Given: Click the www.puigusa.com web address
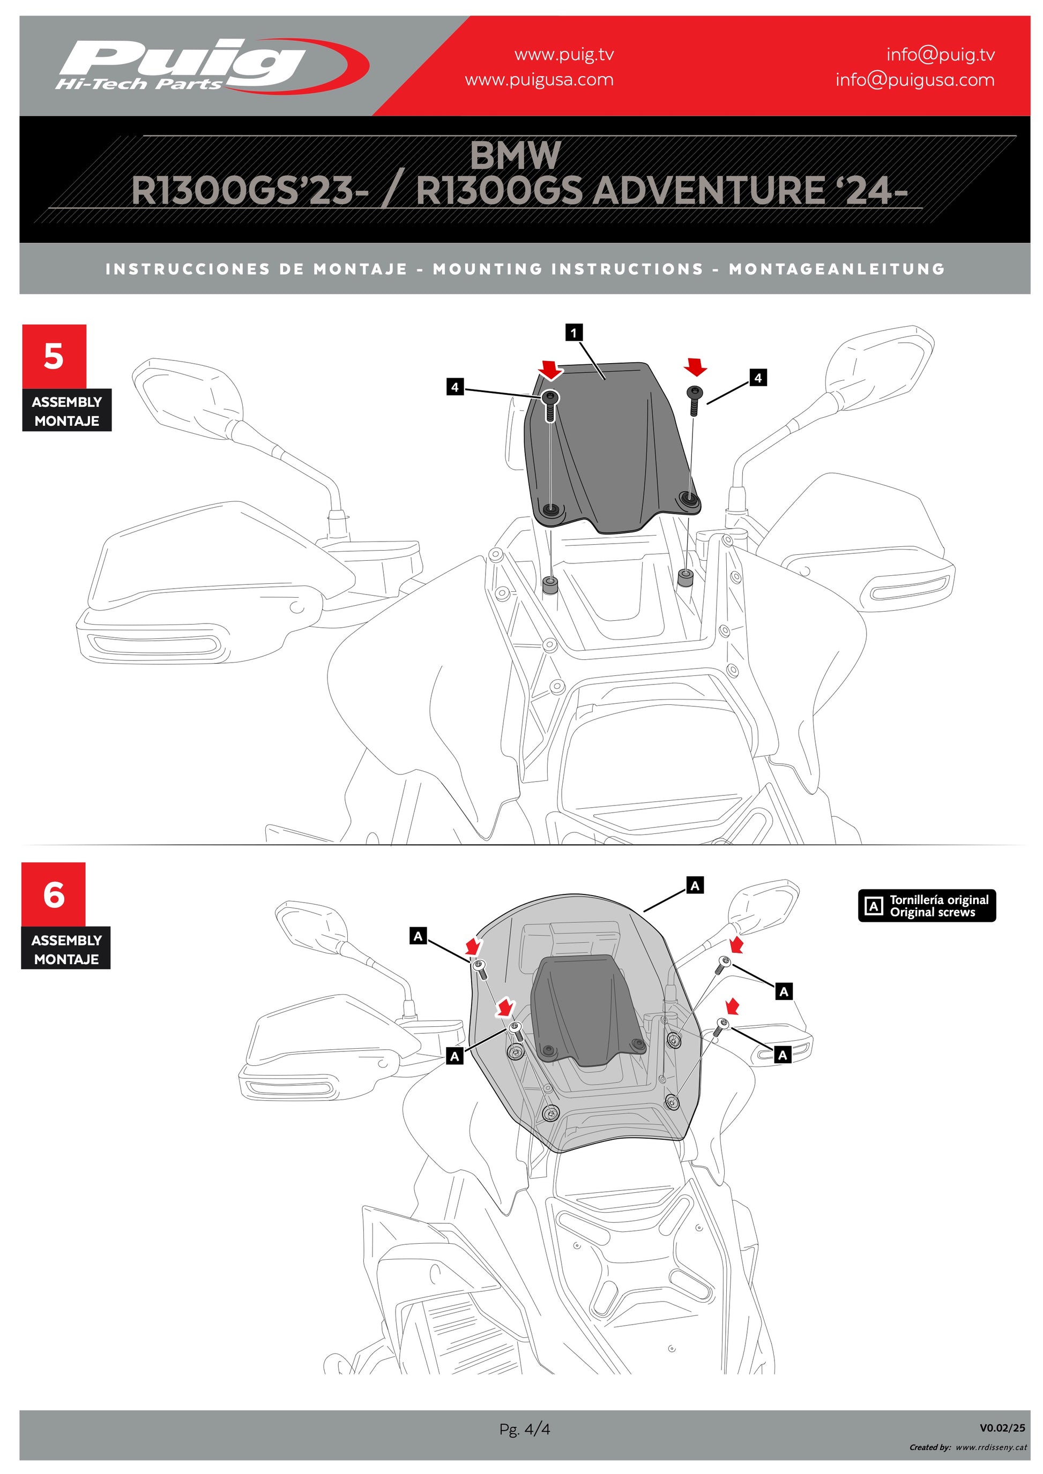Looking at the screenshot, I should [x=539, y=80].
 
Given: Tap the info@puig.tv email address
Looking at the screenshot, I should [x=940, y=55].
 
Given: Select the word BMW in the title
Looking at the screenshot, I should [x=515, y=155].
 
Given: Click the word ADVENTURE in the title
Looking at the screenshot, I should [x=709, y=191].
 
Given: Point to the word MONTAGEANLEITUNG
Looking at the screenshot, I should [x=836, y=269].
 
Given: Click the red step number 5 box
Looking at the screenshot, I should [x=54, y=356].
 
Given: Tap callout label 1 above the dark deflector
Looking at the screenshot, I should [x=573, y=333].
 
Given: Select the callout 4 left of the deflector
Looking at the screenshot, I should [x=455, y=387].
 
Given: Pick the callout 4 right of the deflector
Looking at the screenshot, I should [x=758, y=378].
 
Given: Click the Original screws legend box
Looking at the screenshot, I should [x=926, y=906].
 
